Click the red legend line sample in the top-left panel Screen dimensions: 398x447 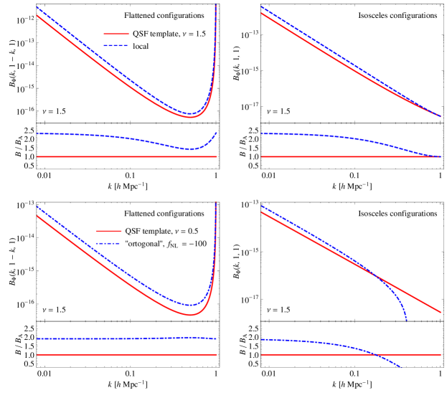pyautogui.click(x=116, y=34)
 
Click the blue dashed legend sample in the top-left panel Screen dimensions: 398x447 pyautogui.click(x=116, y=45)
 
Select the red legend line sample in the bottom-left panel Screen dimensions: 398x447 pyautogui.click(x=108, y=231)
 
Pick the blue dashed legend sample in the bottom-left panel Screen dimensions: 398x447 pyautogui.click(x=108, y=243)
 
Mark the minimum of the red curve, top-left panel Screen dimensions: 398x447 pyautogui.click(x=189, y=117)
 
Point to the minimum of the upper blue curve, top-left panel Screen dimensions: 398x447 pyautogui.click(x=189, y=113)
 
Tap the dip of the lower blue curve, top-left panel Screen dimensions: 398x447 pyautogui.click(x=191, y=149)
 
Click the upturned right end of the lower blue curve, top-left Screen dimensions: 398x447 pyautogui.click(x=217, y=133)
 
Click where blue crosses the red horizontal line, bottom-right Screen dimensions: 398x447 pyautogui.click(x=376, y=354)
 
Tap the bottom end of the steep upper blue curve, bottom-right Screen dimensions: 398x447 pyautogui.click(x=407, y=320)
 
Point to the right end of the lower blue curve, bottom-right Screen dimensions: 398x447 pyautogui.click(x=399, y=367)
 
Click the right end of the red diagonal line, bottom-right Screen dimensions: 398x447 pyautogui.click(x=441, y=313)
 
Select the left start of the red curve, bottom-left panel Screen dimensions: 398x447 pyautogui.click(x=37, y=216)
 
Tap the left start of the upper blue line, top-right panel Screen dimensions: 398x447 pyautogui.click(x=261, y=7)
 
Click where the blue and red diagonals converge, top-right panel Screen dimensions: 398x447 pyautogui.click(x=439, y=115)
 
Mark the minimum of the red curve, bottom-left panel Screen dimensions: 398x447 pyautogui.click(x=189, y=315)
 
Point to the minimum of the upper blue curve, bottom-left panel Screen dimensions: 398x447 pyautogui.click(x=189, y=305)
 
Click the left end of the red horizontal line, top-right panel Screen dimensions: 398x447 pyautogui.click(x=262, y=156)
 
